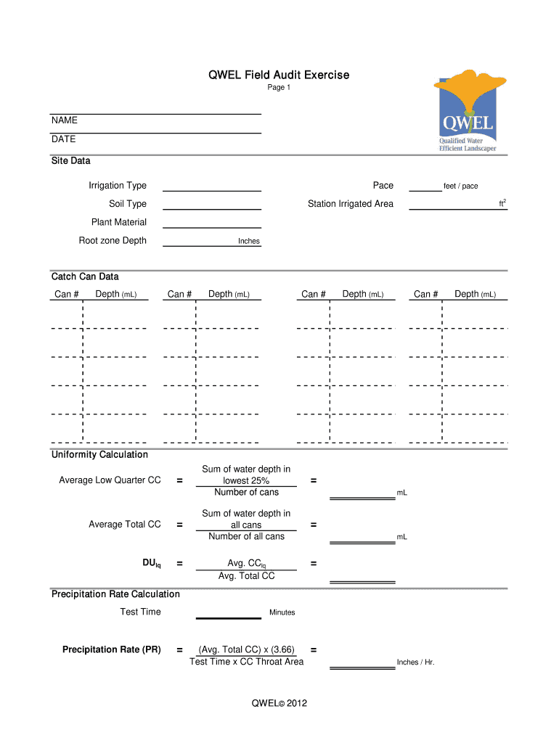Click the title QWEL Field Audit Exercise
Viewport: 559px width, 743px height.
tap(279, 75)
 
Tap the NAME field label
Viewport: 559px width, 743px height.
tap(64, 120)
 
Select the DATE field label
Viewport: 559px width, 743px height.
tap(63, 139)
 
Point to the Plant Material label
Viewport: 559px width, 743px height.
tap(118, 222)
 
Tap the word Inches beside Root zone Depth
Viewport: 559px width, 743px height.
tap(248, 241)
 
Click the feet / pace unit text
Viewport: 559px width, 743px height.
tap(461, 186)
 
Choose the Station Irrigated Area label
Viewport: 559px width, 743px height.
tap(350, 204)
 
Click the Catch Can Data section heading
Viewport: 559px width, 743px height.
tap(85, 276)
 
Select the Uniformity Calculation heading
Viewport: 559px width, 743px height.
tap(99, 454)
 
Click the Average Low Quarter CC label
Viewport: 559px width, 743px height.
tap(110, 480)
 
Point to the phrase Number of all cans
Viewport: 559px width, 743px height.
tap(246, 536)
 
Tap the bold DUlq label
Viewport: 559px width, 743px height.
tap(152, 563)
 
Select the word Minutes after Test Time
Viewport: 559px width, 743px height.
tap(282, 612)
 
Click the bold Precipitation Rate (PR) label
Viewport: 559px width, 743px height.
tap(112, 649)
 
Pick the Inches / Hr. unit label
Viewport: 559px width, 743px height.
tap(415, 662)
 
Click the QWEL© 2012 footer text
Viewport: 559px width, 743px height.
tap(279, 703)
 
